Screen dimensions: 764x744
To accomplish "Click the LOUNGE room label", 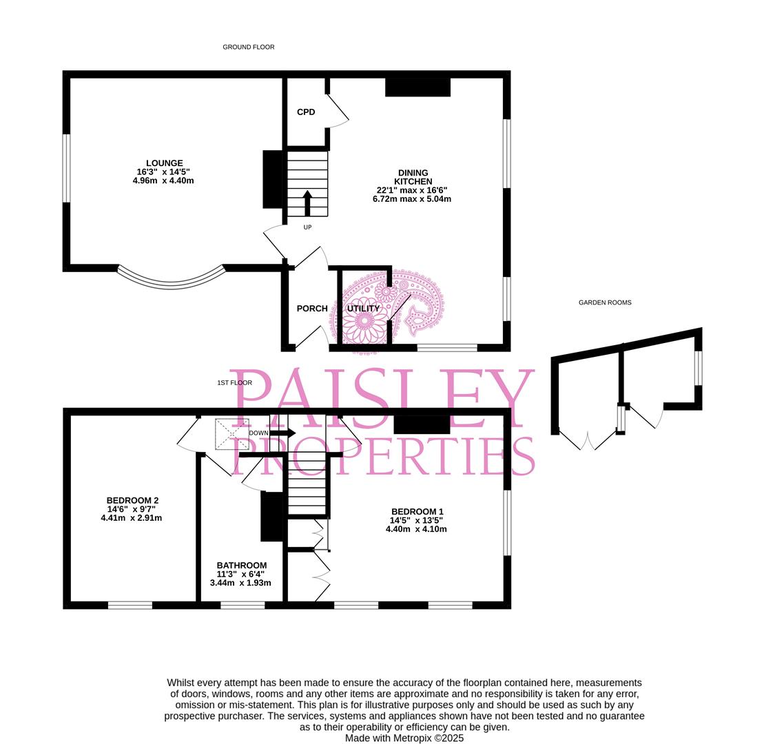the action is click(x=165, y=163).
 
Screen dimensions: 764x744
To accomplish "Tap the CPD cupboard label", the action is click(x=306, y=112).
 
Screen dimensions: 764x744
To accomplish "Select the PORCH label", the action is click(x=312, y=309).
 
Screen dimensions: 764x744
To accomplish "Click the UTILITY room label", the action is click(x=364, y=309).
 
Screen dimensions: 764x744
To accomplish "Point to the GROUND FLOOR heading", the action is click(x=249, y=48).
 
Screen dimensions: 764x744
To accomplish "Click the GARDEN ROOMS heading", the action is click(x=605, y=302).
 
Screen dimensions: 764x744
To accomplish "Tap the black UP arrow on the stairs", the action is click(x=307, y=203).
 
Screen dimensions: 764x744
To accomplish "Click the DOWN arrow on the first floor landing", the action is click(x=282, y=433).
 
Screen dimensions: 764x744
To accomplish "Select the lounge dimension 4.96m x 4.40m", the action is click(x=163, y=180).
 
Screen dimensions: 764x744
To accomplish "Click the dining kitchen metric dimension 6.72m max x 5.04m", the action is click(x=412, y=199).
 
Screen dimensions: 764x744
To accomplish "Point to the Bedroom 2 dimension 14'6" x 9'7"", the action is click(x=132, y=509).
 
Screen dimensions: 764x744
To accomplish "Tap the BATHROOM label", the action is click(x=242, y=566).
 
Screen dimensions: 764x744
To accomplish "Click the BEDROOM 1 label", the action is click(x=417, y=512).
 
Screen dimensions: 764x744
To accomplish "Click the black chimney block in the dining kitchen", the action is click(x=418, y=87).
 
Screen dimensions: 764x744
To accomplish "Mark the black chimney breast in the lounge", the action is click(x=273, y=179).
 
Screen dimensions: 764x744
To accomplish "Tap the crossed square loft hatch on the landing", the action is click(x=232, y=433).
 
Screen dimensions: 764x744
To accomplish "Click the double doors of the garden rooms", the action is click(x=588, y=440).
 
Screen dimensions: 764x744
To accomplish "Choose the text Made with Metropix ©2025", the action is click(x=404, y=738).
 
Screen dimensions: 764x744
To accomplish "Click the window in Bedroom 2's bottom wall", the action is click(x=130, y=605).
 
